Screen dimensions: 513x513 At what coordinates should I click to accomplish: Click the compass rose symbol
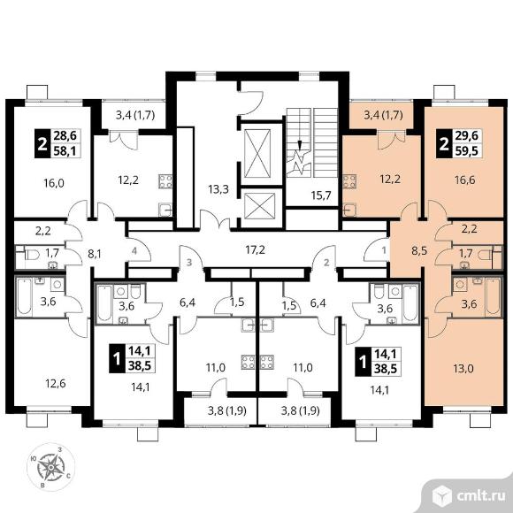(50, 468)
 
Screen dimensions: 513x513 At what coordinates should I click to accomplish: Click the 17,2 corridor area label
(256, 250)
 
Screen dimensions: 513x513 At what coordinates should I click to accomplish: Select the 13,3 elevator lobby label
(218, 189)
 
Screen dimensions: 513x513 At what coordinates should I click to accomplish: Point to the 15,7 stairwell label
(321, 195)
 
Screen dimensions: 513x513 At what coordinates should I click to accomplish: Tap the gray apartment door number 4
(134, 251)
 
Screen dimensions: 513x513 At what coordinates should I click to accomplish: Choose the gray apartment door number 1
(384, 250)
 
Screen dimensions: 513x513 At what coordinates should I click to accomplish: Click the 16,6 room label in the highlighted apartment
(464, 180)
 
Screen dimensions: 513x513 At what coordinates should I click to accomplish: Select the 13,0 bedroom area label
(463, 369)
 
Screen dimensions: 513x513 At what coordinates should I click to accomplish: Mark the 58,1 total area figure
(66, 151)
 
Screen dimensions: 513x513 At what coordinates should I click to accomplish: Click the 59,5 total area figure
(468, 151)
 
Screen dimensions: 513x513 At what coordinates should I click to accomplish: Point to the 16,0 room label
(54, 183)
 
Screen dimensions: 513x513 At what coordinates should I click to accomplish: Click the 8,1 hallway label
(95, 254)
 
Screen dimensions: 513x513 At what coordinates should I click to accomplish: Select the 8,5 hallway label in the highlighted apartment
(420, 251)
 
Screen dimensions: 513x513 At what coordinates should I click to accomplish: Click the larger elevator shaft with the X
(257, 153)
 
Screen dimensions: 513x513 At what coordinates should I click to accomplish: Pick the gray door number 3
(189, 262)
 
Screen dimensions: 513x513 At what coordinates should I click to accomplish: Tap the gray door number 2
(326, 262)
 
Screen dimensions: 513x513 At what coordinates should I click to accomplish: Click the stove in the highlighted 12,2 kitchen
(349, 181)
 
